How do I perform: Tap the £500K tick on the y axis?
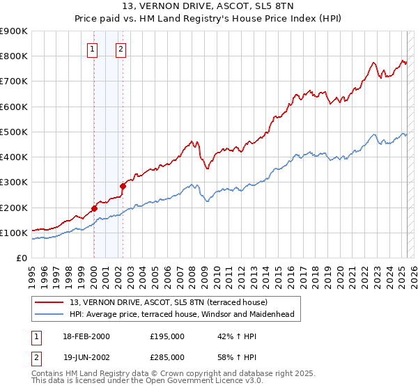pos(14,132)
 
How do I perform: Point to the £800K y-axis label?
pos(14,56)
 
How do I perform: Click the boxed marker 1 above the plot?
pos(93,49)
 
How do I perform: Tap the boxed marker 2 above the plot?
pos(121,49)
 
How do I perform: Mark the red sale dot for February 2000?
pos(94,208)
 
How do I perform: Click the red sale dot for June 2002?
pos(123,186)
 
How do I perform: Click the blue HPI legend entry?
pos(182,314)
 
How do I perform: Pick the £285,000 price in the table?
pos(167,357)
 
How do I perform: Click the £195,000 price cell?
pos(167,336)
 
